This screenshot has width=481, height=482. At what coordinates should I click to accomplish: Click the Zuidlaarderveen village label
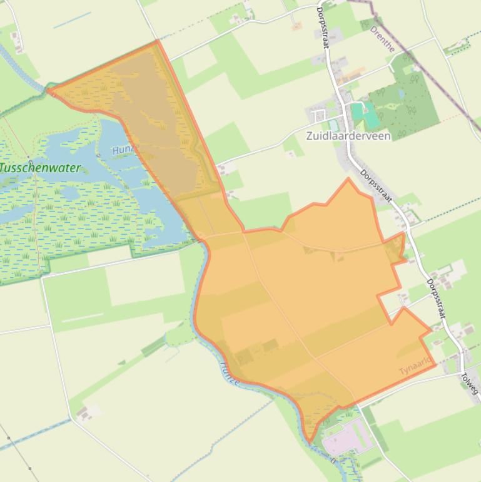tap(348, 136)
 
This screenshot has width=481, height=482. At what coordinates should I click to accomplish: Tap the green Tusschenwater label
tap(40, 168)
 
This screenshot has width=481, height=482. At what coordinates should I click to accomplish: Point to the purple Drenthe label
tap(382, 38)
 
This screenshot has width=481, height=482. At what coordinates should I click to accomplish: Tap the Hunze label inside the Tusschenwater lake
tap(123, 150)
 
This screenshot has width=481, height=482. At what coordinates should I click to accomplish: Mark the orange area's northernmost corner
tap(157, 41)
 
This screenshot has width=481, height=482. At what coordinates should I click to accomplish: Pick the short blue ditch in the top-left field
tap(72, 20)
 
